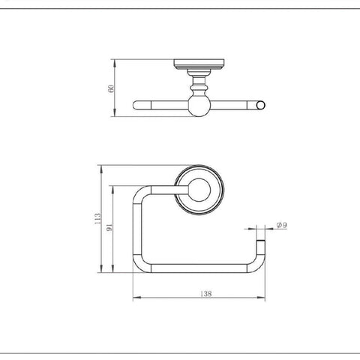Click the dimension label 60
point(111,88)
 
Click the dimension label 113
point(97,218)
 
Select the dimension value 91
point(109,227)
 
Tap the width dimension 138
point(206,293)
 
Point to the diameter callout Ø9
point(282,225)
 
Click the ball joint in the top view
point(199,105)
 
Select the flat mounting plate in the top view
point(199,64)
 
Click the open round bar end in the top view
point(261,105)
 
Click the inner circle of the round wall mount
point(199,190)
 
